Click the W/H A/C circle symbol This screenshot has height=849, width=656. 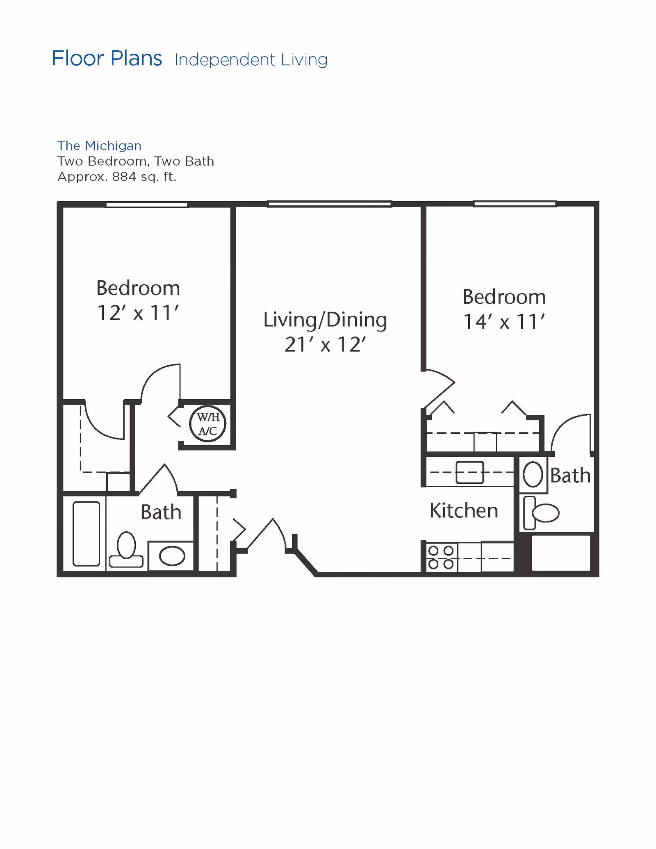point(207,423)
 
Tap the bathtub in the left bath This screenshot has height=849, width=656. point(86,534)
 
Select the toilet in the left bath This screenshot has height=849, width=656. point(126,549)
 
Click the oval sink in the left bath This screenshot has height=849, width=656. point(172,556)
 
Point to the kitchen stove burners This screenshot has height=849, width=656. point(441,557)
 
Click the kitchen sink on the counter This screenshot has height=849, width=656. point(469,472)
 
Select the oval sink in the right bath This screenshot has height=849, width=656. point(533,474)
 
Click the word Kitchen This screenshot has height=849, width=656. point(464,510)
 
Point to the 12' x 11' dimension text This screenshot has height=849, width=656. point(138,313)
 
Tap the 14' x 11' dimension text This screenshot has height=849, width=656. point(504,322)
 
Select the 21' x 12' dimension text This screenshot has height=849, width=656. point(325,344)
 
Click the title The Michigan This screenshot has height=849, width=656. point(99,146)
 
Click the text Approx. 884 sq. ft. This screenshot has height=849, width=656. point(117,177)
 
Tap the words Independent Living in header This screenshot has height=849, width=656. point(251,60)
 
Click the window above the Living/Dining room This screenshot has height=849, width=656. point(329,204)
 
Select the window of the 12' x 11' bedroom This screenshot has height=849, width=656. point(146,205)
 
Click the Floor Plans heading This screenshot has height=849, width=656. point(107,58)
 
